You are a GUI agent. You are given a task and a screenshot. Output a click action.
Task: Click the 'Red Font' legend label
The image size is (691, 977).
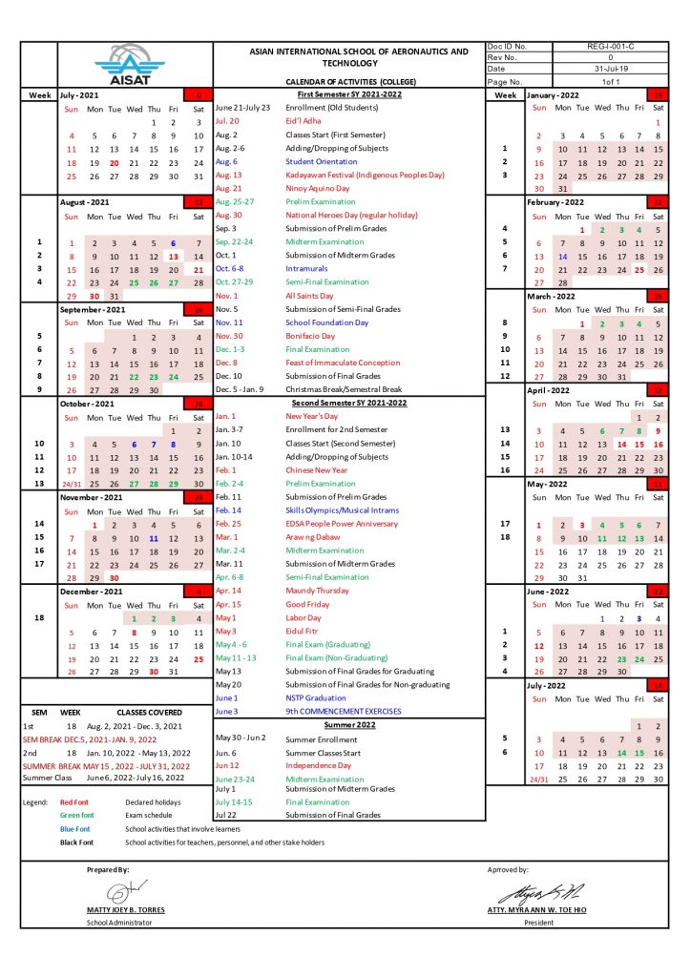[x=73, y=802]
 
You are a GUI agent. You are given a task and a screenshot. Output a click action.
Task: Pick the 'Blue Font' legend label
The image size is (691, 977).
[x=73, y=829]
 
